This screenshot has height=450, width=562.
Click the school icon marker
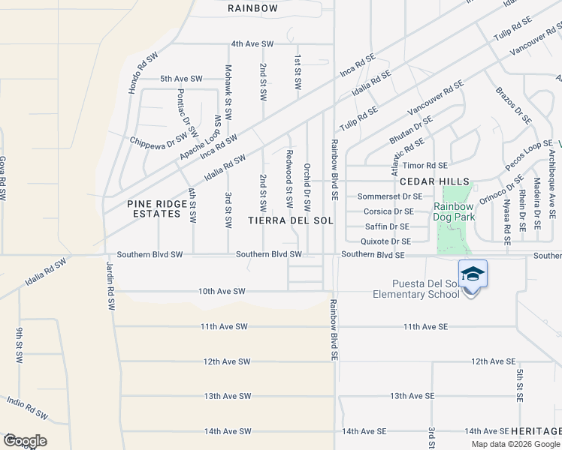pos(473,274)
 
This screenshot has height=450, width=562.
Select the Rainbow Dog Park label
pos(453,212)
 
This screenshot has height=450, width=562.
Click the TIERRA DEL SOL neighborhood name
pos(290,220)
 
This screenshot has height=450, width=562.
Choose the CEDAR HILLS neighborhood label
pos(434,182)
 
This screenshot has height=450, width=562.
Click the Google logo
pos(25,441)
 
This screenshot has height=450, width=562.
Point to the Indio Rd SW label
pos(27,408)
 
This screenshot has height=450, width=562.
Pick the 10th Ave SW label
pos(222,291)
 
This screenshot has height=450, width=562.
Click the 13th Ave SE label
pos(409,396)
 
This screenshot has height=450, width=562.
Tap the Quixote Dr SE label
pos(385,241)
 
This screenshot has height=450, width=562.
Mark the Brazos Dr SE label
pos(513,105)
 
